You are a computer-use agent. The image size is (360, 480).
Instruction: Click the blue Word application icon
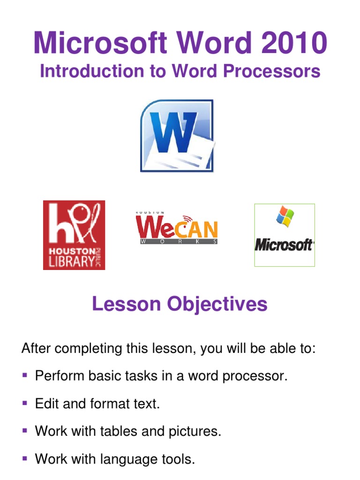click(177, 136)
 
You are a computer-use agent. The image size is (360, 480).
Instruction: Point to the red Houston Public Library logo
click(74, 235)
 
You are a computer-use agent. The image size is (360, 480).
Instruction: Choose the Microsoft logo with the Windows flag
click(285, 235)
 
